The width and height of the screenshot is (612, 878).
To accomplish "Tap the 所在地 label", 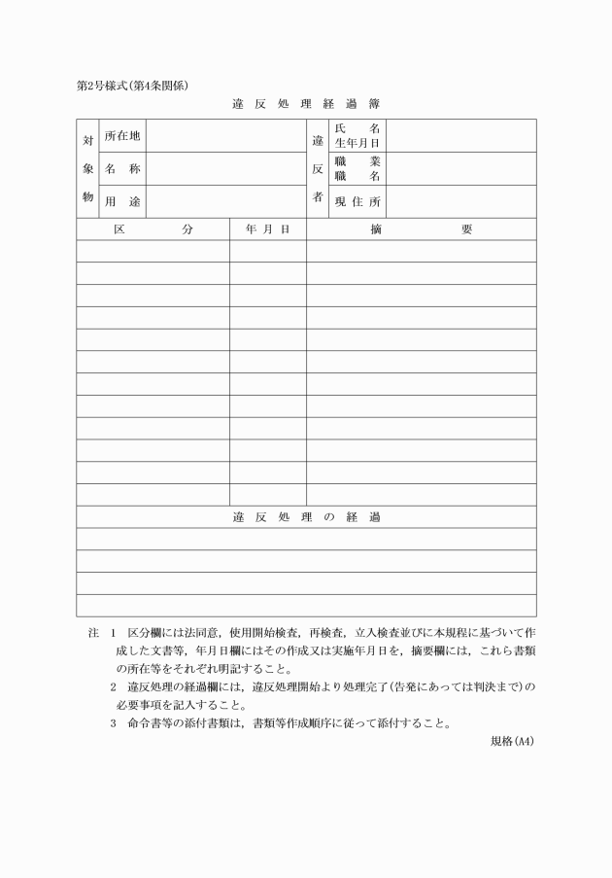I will pyautogui.click(x=122, y=136).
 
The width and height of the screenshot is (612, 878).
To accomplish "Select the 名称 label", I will pyautogui.click(x=122, y=169).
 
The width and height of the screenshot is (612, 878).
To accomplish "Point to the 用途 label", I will pyautogui.click(x=122, y=202).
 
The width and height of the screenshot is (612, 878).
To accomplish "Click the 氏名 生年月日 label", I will pyautogui.click(x=357, y=136).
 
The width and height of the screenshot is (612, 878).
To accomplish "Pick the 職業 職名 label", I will pyautogui.click(x=357, y=169).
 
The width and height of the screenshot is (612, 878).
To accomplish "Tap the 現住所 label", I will pyautogui.click(x=357, y=202).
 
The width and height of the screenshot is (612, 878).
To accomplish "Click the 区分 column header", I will pyautogui.click(x=153, y=229).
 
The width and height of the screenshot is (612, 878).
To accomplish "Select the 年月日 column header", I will pyautogui.click(x=268, y=229).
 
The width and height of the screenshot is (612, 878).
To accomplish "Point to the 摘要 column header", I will pyautogui.click(x=421, y=229).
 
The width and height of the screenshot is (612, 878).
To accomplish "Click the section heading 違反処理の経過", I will pyautogui.click(x=306, y=516).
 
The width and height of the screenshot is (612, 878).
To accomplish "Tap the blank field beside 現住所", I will pyautogui.click(x=460, y=202).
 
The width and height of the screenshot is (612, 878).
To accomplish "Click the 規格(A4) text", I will pyautogui.click(x=513, y=741).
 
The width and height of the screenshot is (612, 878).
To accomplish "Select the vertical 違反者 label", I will pyautogui.click(x=317, y=169).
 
